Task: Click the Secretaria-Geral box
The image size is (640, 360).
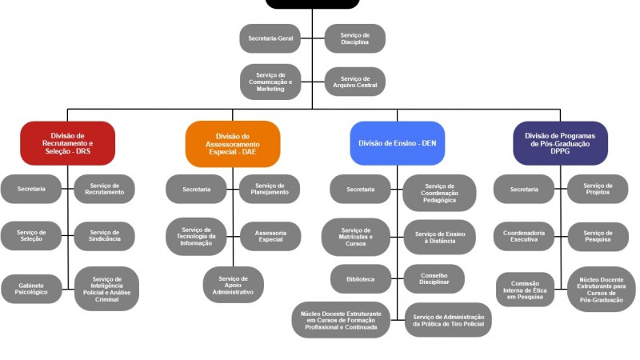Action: click(270, 38)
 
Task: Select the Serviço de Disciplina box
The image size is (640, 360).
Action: click(354, 38)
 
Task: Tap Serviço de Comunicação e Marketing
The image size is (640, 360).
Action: click(270, 82)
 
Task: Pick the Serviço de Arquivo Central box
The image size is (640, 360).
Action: click(354, 82)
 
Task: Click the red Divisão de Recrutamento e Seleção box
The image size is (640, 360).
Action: click(68, 142)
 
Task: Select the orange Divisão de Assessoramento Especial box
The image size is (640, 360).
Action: click(233, 143)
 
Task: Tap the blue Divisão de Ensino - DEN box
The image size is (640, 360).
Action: click(398, 143)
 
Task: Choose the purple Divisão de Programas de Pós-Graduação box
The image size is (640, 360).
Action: click(560, 142)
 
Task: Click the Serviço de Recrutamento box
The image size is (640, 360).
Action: click(105, 189)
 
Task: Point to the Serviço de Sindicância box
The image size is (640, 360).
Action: click(105, 236)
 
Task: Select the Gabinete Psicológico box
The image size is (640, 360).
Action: click(31, 288)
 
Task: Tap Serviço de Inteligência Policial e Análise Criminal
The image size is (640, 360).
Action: click(106, 288)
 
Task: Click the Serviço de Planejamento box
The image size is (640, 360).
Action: click(270, 189)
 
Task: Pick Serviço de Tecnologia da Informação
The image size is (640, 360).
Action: click(196, 236)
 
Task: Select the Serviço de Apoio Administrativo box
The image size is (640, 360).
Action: click(233, 285)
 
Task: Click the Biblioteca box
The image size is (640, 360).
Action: click(361, 278)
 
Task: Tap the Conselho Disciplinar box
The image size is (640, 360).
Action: click(434, 278)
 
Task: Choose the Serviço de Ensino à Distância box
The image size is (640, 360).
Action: click(440, 236)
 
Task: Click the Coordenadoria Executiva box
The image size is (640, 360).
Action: click(524, 236)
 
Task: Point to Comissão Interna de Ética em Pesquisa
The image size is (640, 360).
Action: click(525, 290)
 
